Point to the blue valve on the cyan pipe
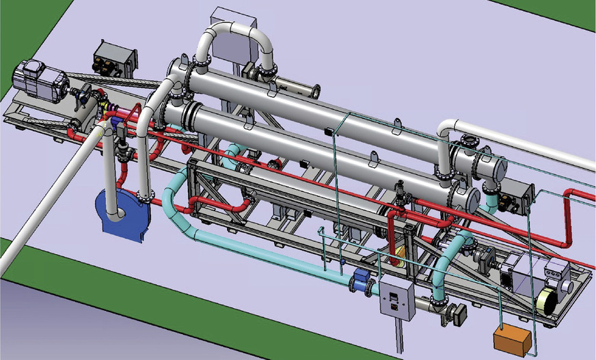360,281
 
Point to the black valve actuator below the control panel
457,314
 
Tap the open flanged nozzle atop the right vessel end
470,142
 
